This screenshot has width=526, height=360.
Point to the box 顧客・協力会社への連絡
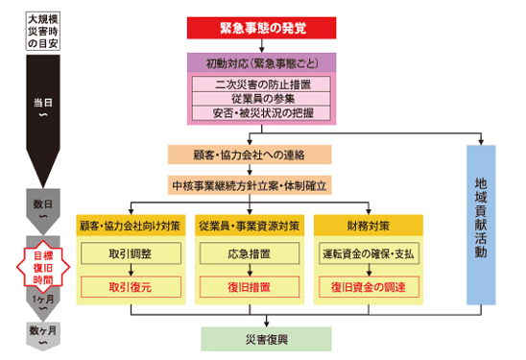point(249,154)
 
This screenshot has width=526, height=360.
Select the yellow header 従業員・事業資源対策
point(249,226)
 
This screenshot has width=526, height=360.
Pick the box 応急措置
point(249,254)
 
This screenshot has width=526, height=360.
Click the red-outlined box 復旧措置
point(249,286)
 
